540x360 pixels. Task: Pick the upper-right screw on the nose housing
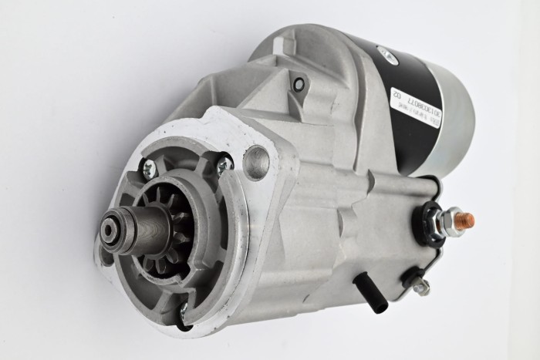pos(224,163)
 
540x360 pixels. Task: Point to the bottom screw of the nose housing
pos(182,311)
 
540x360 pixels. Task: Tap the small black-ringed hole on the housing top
pos(299,84)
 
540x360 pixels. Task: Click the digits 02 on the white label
pos(397,96)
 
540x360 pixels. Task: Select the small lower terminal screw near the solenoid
pos(421,287)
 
